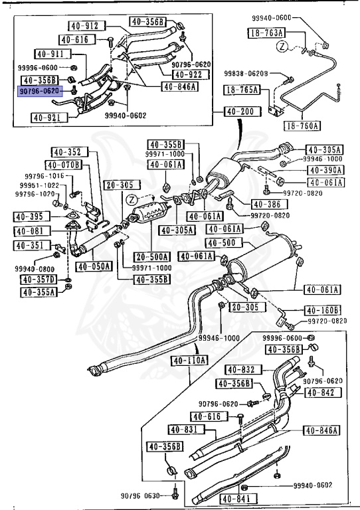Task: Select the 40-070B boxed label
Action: [63, 165]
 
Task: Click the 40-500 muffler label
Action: [219, 243]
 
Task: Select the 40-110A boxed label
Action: [190, 361]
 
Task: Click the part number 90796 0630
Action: [141, 494]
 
